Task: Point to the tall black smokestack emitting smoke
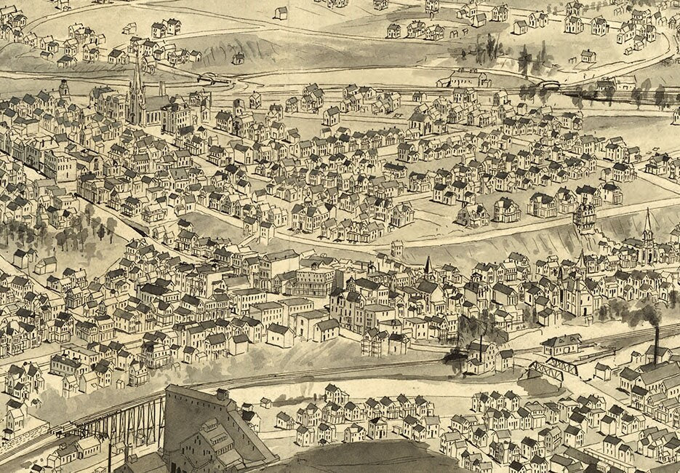point(655,344)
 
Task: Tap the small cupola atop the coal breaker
point(222,394)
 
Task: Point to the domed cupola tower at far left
point(64,88)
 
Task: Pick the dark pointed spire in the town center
point(428,265)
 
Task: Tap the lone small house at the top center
point(281,12)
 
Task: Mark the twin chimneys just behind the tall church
point(161,90)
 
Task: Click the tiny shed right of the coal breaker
point(266,402)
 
